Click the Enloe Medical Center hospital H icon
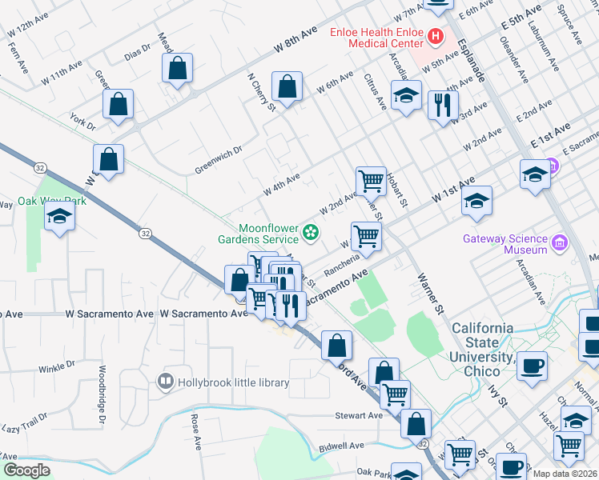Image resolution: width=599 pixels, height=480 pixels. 436,36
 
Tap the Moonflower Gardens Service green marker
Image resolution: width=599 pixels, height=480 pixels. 311,233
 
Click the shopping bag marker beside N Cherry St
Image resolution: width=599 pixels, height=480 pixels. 287,86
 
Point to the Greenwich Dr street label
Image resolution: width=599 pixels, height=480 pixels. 218,159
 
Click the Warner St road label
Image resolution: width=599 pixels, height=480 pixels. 428,290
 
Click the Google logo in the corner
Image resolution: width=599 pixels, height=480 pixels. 26,470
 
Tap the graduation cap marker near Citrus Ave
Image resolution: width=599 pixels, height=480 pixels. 407,96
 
